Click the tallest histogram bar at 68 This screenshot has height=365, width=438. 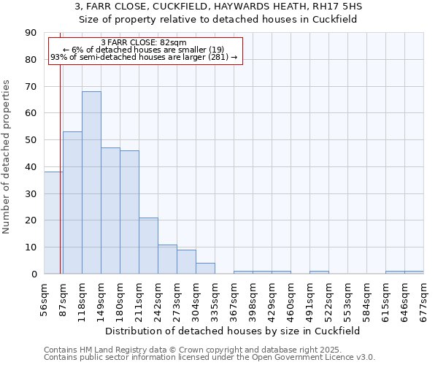pyautogui.click(x=91, y=182)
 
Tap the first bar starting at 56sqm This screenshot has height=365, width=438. pyautogui.click(x=53, y=223)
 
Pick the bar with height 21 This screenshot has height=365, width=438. pyautogui.click(x=148, y=245)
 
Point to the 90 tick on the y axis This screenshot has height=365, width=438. pyautogui.click(x=32, y=33)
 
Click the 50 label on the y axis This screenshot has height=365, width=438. pyautogui.click(x=32, y=140)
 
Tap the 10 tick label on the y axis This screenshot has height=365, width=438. pyautogui.click(x=32, y=247)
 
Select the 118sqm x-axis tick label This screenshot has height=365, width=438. pyautogui.click(x=82, y=297)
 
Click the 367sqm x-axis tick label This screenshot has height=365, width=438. pyautogui.click(x=234, y=297)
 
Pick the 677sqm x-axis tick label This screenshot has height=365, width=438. pyautogui.click(x=424, y=297)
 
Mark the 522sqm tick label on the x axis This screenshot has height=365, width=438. pyautogui.click(x=329, y=297)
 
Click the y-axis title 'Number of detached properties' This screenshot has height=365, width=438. pyautogui.click(x=7, y=158)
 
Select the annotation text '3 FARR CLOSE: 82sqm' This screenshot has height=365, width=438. pyautogui.click(x=144, y=42)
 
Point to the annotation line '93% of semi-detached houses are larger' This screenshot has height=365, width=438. pyautogui.click(x=144, y=57)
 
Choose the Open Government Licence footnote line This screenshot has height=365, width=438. pyautogui.click(x=210, y=358)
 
